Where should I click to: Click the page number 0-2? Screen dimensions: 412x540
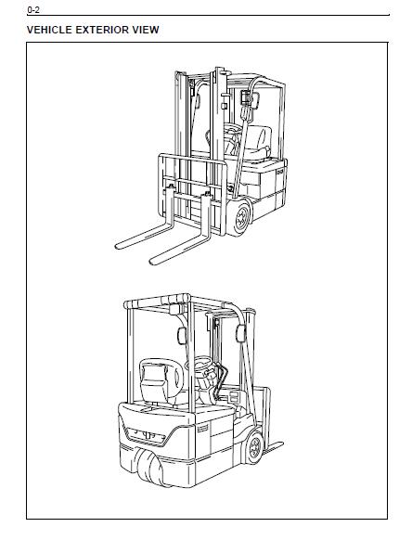pyautogui.click(x=33, y=10)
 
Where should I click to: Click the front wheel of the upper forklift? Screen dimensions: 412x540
pyautogui.click(x=240, y=218)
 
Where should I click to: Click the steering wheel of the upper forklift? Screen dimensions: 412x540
pyautogui.click(x=233, y=130)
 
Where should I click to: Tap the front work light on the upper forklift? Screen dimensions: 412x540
pyautogui.click(x=245, y=97)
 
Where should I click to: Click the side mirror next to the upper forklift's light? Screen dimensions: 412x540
pyautogui.click(x=255, y=100)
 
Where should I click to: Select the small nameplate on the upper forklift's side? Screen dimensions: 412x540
pyautogui.click(x=280, y=171)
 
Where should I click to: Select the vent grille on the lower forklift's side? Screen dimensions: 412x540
pyautogui.click(x=202, y=429)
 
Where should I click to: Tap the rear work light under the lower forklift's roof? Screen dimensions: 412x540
pyautogui.click(x=176, y=309)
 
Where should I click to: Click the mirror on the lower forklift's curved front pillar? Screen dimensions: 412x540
pyautogui.click(x=240, y=333)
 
